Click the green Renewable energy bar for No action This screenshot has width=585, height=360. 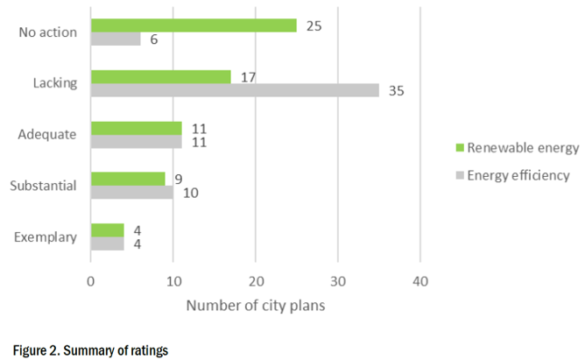click(194, 26)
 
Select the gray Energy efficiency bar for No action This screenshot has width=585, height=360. click(116, 39)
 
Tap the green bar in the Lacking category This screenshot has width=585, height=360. click(160, 77)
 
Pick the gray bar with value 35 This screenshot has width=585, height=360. click(235, 90)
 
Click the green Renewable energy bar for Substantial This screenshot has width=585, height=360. click(128, 179)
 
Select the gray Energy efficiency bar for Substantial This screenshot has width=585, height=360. click(131, 192)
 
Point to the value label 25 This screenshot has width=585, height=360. click(314, 26)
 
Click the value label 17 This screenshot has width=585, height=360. click(248, 77)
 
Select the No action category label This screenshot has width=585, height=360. click(48, 33)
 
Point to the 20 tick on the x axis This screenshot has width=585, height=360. click(255, 282)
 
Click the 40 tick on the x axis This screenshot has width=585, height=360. click(420, 282)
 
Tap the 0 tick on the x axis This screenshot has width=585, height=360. click(91, 282)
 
